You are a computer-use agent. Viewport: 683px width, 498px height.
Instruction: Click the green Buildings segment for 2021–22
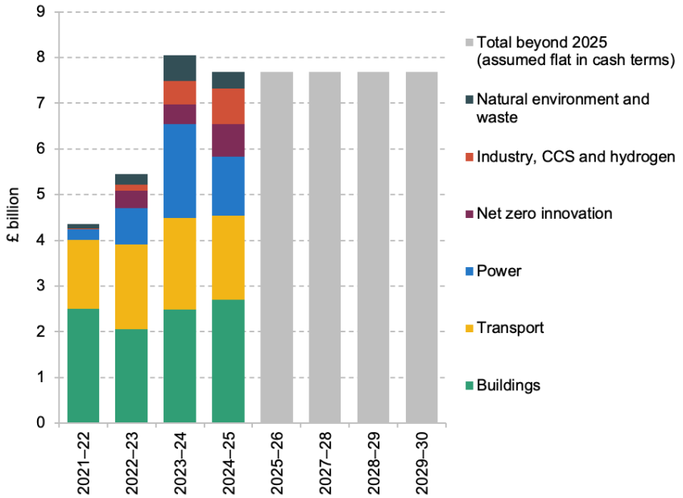[x=83, y=365]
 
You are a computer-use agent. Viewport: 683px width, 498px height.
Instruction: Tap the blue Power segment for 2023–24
[x=180, y=171]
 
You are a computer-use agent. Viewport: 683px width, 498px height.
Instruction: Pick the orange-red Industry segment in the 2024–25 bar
[x=228, y=106]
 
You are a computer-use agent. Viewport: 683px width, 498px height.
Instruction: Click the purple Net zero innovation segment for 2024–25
[x=228, y=141]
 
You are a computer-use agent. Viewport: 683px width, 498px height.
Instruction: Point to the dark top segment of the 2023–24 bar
[x=180, y=68]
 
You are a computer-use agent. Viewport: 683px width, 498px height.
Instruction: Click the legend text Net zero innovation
[x=544, y=213]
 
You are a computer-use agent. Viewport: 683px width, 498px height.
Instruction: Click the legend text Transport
[x=510, y=327]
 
